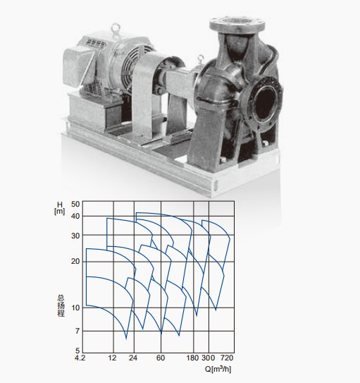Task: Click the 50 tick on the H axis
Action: (76, 204)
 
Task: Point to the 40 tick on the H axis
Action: (76, 216)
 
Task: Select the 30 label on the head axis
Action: (76, 236)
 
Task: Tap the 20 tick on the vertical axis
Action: (76, 262)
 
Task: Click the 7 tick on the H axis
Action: (77, 331)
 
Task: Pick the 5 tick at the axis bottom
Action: (77, 351)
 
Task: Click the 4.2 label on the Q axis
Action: (80, 358)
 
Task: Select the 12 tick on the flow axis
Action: (112, 358)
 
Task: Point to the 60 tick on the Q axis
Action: (161, 358)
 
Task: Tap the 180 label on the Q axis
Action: (193, 358)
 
